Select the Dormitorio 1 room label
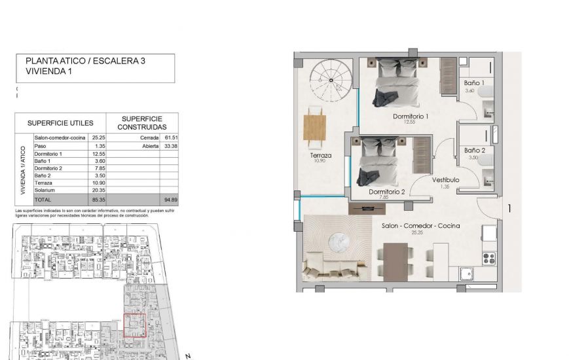[x=410, y=117]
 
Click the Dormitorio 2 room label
[x=386, y=192]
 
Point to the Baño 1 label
[x=473, y=84]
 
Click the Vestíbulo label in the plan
[x=445, y=180]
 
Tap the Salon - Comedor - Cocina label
[x=420, y=226]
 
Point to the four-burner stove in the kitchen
[x=488, y=258]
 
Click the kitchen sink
[x=466, y=274]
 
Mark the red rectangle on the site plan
[x=135, y=325]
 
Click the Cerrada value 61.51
[x=171, y=138]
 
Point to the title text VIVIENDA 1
[x=48, y=72]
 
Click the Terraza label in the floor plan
[x=320, y=156]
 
